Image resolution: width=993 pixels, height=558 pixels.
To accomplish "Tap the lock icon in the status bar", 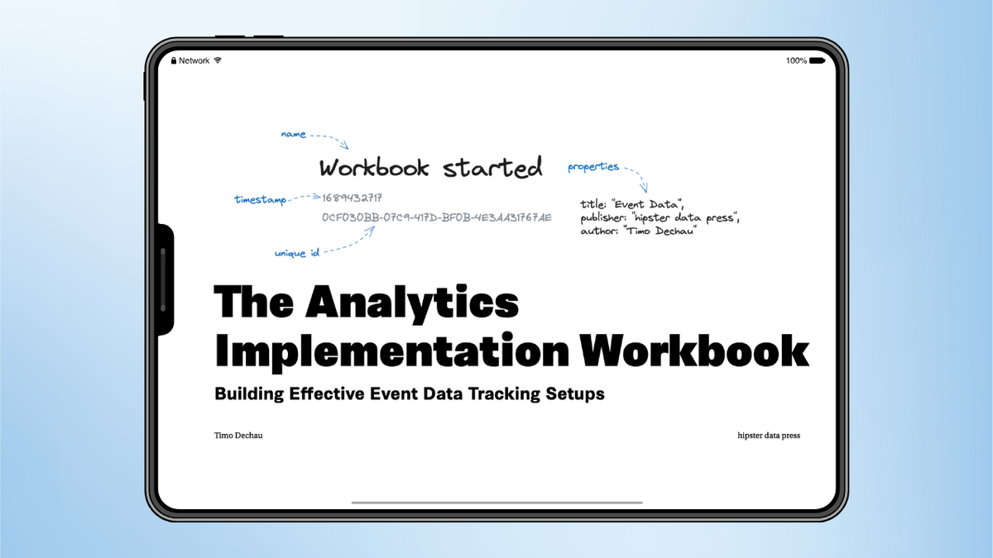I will click(x=174, y=60).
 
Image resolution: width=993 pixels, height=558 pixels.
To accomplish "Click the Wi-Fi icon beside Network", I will click(x=218, y=60).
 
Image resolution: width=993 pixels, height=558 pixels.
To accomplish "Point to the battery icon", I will click(x=817, y=60).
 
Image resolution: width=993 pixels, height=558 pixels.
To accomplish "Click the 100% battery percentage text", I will click(x=796, y=60).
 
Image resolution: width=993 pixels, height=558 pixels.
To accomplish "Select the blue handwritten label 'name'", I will click(x=293, y=134).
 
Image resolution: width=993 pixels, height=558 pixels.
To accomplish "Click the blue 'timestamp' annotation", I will click(x=260, y=199).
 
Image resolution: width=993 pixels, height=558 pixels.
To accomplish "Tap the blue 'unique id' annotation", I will click(x=297, y=253).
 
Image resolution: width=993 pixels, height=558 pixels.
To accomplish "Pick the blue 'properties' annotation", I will click(x=593, y=167).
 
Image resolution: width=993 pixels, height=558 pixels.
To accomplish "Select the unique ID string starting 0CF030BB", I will click(x=436, y=217).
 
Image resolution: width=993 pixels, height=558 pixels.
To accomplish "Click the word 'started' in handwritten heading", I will click(x=493, y=168).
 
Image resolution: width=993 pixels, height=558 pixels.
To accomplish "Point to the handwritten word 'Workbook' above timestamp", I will click(x=374, y=168).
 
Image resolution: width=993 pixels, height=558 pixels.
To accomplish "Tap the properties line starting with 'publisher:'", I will click(x=660, y=217).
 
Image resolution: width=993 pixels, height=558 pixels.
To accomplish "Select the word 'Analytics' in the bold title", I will click(x=411, y=303).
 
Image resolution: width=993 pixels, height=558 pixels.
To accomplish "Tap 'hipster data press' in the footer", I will click(x=769, y=435).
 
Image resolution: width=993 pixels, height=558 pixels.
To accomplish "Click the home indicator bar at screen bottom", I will click(x=496, y=502).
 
